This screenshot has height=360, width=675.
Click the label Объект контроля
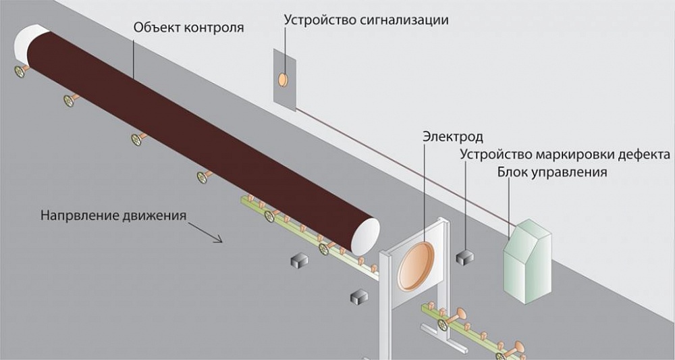click(188, 28)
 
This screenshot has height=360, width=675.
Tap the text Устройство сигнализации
click(366, 20)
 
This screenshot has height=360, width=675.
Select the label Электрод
click(452, 137)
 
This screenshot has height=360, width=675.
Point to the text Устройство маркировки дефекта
click(564, 154)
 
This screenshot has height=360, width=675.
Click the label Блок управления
click(552, 172)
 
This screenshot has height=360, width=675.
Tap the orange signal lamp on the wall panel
click(283, 79)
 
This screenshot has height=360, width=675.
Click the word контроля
click(215, 28)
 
